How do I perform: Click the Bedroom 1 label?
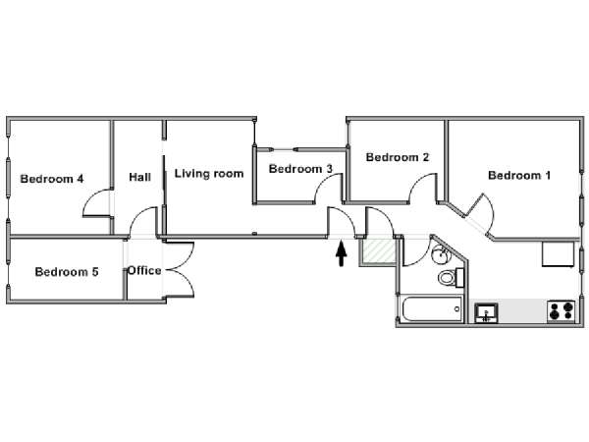point(519,176)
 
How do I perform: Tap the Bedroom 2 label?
point(397,157)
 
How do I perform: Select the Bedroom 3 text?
point(300,169)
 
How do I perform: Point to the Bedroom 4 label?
point(52,179)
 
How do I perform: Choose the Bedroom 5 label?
point(66,272)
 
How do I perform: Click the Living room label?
point(209,174)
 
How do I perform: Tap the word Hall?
point(140,178)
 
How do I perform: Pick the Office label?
point(144,271)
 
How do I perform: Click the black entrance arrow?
point(342,254)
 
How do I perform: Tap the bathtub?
point(431,310)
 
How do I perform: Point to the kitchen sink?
point(486,313)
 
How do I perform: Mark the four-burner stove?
point(562,312)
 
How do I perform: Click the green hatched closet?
point(377,252)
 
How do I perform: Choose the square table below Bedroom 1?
point(559,254)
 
